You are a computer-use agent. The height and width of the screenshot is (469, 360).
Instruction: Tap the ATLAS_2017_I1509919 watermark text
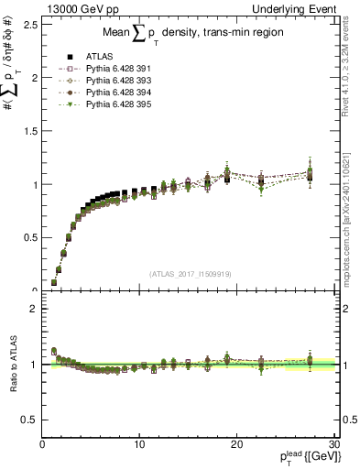[189, 273]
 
